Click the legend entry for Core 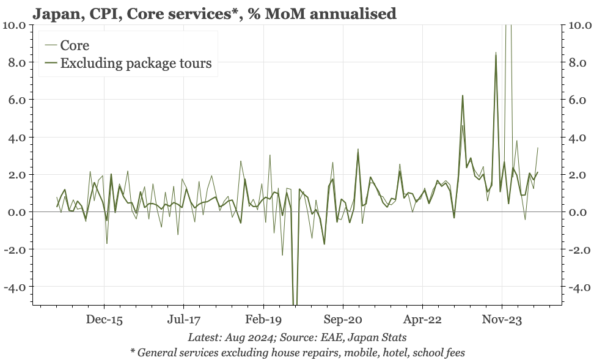pos(75,45)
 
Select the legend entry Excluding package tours pos(136,64)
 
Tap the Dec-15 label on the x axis pos(104,320)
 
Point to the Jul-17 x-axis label pos(184,320)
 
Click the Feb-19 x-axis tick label pos(263,320)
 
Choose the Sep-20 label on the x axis pos(343,320)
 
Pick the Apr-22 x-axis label pos(422,320)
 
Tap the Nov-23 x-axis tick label pos(502,320)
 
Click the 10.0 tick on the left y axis pos(13,25)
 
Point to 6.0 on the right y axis pos(577,100)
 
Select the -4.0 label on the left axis pos(13,287)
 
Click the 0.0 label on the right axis pos(577,212)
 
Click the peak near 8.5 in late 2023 pos(496,53)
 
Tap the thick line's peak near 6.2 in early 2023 pos(463,95)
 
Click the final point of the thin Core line pos(538,147)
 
